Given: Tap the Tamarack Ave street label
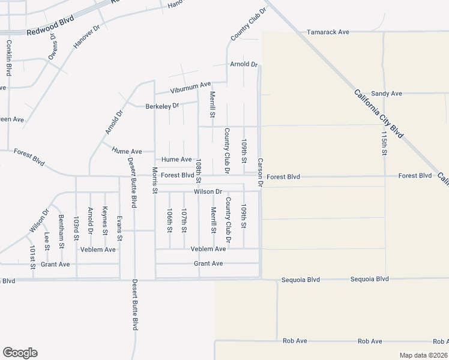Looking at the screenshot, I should (x=328, y=32).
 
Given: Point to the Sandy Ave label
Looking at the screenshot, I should (x=386, y=94).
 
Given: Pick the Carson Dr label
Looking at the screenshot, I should (x=261, y=173).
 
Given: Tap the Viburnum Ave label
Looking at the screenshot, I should (x=190, y=88).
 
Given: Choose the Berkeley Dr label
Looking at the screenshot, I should (x=163, y=106).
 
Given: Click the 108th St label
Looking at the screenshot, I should (x=199, y=172).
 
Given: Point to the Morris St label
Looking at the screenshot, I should (x=154, y=181).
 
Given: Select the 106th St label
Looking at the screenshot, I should (x=170, y=221).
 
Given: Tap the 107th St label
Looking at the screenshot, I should (x=184, y=221).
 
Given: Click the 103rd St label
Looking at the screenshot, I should (x=76, y=229).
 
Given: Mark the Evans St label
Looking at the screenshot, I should (x=119, y=229).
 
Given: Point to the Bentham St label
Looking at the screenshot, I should (x=61, y=231).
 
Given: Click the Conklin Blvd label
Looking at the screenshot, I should (x=9, y=58).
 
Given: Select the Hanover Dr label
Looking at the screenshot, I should (x=86, y=37).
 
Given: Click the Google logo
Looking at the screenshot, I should (x=20, y=353).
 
